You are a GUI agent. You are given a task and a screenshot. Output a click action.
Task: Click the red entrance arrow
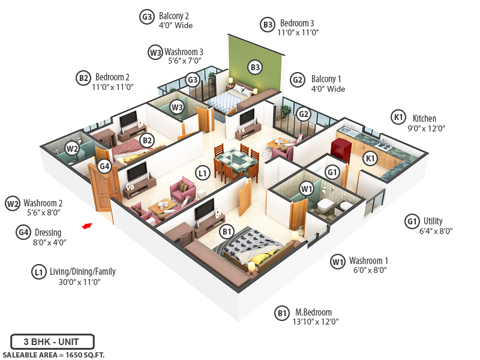pyautogui.click(x=88, y=226)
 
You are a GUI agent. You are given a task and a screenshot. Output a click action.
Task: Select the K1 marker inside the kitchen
pyautogui.click(x=371, y=158)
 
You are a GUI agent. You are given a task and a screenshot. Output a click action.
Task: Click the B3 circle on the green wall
pyautogui.click(x=255, y=67)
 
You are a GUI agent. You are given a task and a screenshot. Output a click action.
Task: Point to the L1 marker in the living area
pyautogui.click(x=203, y=173)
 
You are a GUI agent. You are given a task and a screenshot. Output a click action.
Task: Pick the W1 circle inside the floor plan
pyautogui.click(x=307, y=190)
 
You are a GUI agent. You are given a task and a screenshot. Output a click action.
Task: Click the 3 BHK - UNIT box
pyautogui.click(x=52, y=342)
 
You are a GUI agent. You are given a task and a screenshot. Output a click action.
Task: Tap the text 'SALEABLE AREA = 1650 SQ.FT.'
pyautogui.click(x=53, y=355)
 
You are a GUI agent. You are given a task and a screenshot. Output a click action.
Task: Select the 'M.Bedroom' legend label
pyautogui.click(x=313, y=312)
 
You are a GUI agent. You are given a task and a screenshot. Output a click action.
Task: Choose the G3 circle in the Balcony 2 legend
pyautogui.click(x=146, y=17)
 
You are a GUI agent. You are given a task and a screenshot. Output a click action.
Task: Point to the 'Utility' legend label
pyautogui.click(x=433, y=221)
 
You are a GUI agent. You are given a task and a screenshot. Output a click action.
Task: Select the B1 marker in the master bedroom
pyautogui.click(x=227, y=231)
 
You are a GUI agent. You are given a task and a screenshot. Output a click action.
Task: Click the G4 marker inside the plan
pyautogui.click(x=105, y=166)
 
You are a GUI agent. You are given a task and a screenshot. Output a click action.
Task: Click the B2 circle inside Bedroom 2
pyautogui.click(x=146, y=140)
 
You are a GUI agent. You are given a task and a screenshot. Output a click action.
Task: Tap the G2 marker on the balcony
pyautogui.click(x=304, y=115)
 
